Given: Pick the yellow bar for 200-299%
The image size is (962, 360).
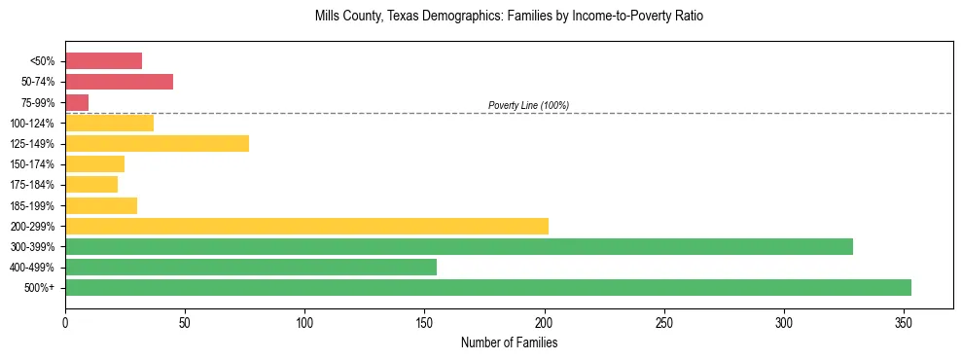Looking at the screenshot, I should (306, 226).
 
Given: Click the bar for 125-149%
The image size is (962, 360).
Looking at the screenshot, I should (157, 143).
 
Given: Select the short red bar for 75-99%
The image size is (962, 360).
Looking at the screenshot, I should (77, 102).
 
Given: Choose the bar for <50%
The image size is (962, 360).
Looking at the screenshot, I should (103, 61).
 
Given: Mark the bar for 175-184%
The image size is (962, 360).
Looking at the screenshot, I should (91, 185).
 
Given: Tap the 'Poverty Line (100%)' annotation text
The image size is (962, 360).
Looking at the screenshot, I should (528, 105).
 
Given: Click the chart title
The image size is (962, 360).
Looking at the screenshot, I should (509, 17).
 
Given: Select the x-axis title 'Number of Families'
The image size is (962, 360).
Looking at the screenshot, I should (509, 342).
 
